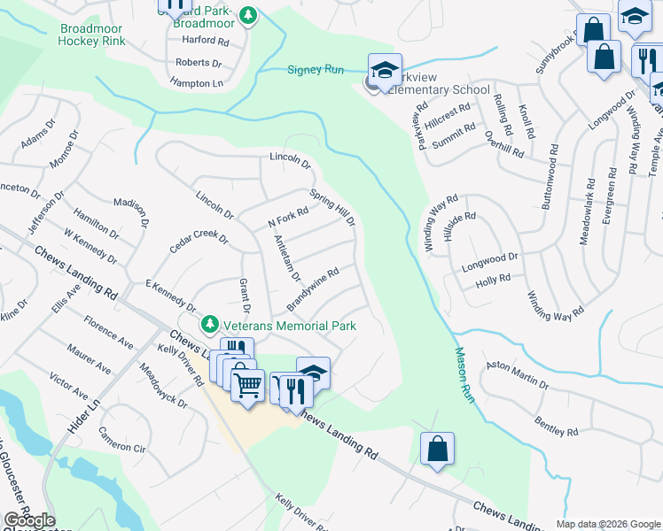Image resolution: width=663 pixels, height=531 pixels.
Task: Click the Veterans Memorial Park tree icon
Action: (209, 326)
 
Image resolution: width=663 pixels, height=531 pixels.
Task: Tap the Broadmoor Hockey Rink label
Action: (92, 35)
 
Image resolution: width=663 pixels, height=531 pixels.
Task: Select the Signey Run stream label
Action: (316, 70)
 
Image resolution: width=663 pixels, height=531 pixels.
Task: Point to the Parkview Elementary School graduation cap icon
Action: (386, 70)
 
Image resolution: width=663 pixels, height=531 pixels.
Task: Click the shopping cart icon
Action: (248, 384)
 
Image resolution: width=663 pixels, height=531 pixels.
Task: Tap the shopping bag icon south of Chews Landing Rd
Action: (438, 448)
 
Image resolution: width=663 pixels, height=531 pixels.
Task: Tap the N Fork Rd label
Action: (287, 218)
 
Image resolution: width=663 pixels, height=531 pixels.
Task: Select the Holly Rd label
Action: (493, 279)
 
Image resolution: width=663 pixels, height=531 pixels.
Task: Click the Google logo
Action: (29, 520)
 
